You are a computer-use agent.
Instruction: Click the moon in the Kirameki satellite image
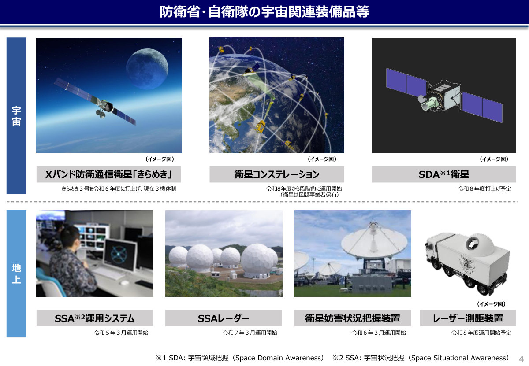(147, 69)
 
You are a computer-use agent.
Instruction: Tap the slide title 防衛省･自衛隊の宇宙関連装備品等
(264, 11)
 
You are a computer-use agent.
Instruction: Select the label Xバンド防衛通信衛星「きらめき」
(108, 174)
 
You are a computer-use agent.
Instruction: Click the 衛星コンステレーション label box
(277, 174)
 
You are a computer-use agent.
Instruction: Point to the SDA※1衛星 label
(444, 174)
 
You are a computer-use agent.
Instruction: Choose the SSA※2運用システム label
(95, 318)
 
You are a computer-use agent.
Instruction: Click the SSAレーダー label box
(224, 318)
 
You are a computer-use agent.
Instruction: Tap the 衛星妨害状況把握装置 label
(353, 318)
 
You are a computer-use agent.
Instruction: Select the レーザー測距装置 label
(468, 318)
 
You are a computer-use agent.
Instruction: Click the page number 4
(521, 359)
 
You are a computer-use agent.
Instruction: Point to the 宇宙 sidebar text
(16, 116)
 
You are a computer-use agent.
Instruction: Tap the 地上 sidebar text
(16, 274)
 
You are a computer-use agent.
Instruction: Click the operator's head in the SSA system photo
(70, 236)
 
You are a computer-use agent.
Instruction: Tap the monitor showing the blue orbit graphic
(120, 255)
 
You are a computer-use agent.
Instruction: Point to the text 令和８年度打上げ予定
(484, 189)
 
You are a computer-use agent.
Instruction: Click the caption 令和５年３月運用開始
(121, 333)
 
